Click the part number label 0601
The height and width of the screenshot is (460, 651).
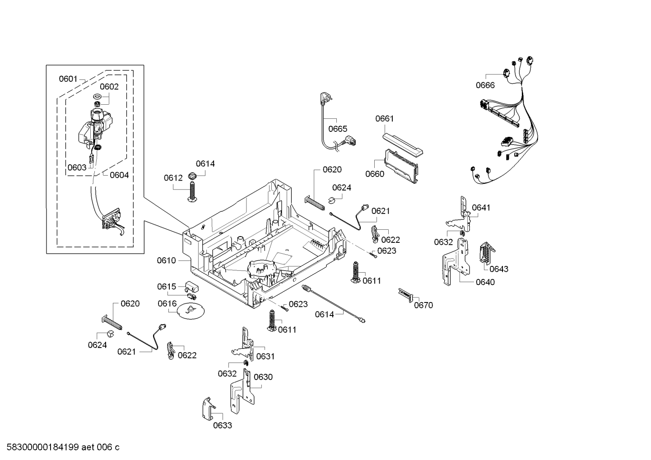[68, 79]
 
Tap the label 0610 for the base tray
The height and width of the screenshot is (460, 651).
[166, 260]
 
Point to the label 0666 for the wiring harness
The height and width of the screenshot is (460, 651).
[485, 85]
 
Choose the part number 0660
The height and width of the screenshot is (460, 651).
[375, 174]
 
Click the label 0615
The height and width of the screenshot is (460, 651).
[167, 287]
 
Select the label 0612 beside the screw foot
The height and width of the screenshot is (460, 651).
[173, 178]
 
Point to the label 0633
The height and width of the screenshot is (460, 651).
[223, 425]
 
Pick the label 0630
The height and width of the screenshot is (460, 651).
[263, 377]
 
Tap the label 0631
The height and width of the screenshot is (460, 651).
[265, 357]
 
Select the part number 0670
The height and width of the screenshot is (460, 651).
[423, 305]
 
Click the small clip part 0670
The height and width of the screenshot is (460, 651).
[405, 294]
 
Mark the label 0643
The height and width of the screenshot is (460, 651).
[499, 269]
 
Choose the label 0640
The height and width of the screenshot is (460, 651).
[485, 282]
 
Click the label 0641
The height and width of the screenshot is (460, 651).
[481, 208]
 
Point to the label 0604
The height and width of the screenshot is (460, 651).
[119, 175]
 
